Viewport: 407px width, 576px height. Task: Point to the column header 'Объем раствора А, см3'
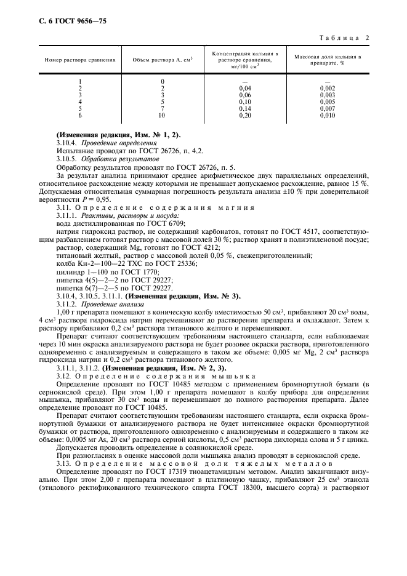click(163, 60)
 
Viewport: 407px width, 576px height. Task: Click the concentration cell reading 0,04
click(245, 89)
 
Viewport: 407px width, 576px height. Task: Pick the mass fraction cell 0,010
click(328, 115)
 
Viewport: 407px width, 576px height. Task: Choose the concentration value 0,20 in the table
click(245, 115)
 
